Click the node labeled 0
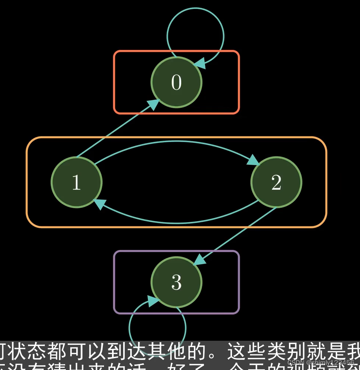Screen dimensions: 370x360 (176, 82)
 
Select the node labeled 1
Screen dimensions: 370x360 (77, 182)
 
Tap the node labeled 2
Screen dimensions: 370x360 (276, 182)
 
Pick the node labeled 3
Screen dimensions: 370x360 (176, 282)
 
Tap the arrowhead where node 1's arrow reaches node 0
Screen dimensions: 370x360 (154, 104)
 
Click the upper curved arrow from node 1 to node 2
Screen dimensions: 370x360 (176, 141)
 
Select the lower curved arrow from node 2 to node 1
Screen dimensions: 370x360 (176, 223)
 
